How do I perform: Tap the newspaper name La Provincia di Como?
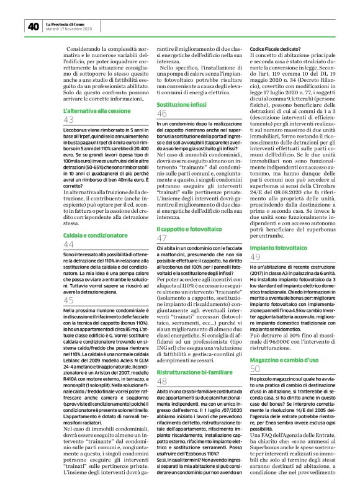pyautogui.click(x=69, y=23)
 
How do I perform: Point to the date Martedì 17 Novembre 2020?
pyautogui.click(x=69, y=29)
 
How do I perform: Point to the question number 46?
pyautogui.click(x=162, y=114)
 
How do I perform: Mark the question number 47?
pyautogui.click(x=162, y=238)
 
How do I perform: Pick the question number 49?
pyautogui.click(x=254, y=256)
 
